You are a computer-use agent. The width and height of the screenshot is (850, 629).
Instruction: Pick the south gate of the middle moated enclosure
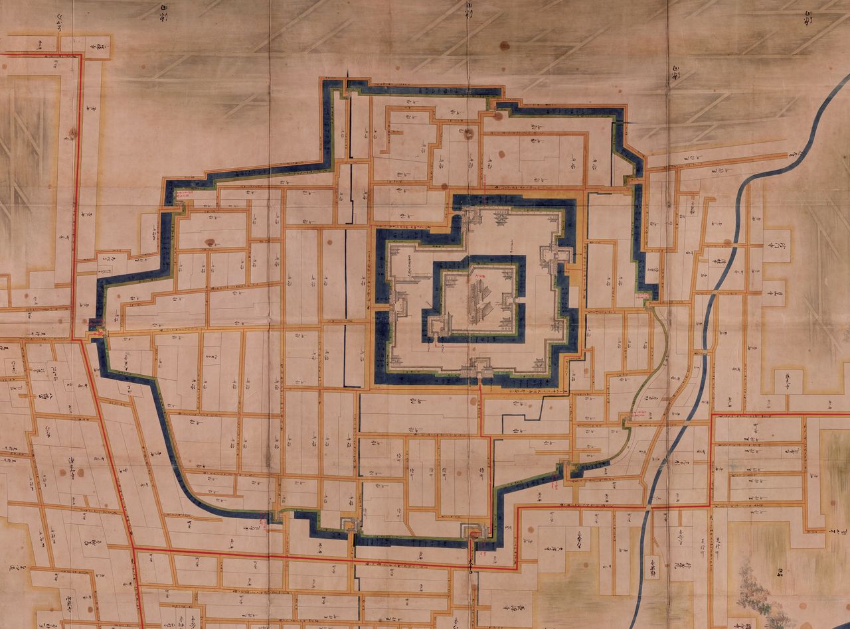pos(479,372)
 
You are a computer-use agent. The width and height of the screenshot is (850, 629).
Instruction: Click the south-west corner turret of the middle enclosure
pos(396,359)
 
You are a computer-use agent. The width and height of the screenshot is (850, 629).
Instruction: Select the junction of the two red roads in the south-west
pos(133,548)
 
